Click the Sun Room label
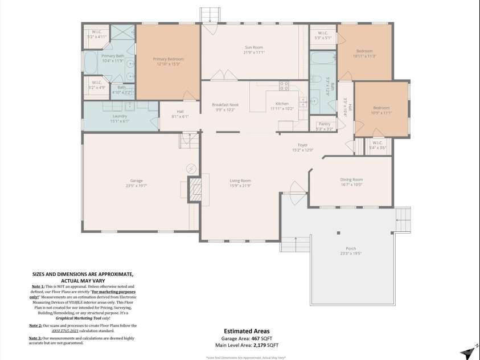254,48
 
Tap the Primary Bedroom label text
167,59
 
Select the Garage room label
137,181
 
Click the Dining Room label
351,179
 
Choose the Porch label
351,248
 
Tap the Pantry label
325,124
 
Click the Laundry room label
119,116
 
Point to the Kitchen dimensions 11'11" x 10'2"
282,109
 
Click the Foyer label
303,145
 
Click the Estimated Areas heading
247,331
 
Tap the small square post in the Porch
338,232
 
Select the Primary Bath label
113,56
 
